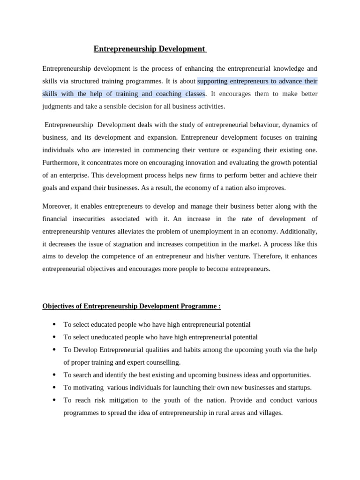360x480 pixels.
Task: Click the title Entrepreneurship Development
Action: pyautogui.click(x=150, y=49)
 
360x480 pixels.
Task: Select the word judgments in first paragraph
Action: pyautogui.click(x=57, y=106)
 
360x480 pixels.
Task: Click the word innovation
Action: pyautogui.click(x=204, y=163)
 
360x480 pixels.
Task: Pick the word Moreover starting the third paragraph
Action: pyautogui.click(x=58, y=206)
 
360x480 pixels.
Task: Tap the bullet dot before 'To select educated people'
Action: pyautogui.click(x=54, y=324)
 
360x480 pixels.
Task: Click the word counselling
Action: pyautogui.click(x=164, y=362)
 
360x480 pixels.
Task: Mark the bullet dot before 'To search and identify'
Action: pyautogui.click(x=54, y=375)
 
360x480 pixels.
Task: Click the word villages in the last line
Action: pyautogui.click(x=270, y=413)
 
